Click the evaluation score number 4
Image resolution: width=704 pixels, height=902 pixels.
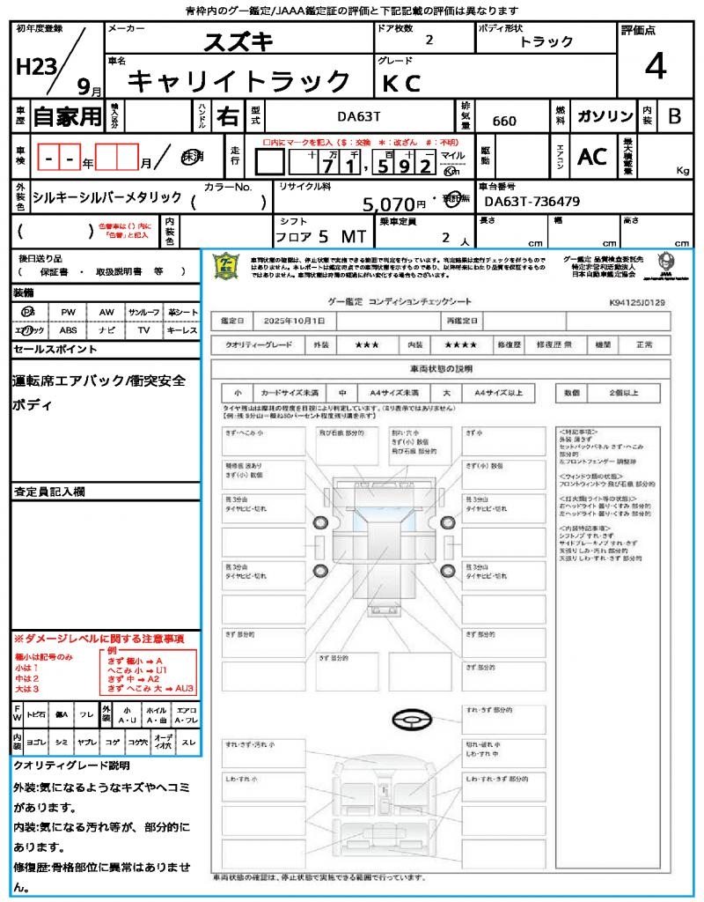click(x=654, y=67)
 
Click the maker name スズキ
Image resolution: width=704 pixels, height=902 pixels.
click(x=238, y=41)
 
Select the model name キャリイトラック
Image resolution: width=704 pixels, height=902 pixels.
click(x=240, y=82)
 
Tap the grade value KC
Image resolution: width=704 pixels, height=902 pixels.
click(x=401, y=83)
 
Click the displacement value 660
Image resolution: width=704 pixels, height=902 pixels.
click(x=504, y=121)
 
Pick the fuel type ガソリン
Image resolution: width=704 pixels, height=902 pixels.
click(x=605, y=116)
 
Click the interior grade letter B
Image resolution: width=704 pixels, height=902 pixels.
click(x=675, y=116)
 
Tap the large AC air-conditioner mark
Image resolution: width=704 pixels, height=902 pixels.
click(x=592, y=157)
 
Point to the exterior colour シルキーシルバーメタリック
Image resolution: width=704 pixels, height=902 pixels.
click(x=106, y=197)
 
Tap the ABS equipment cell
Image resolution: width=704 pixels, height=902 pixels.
click(x=68, y=330)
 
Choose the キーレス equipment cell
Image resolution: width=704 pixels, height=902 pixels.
click(x=182, y=330)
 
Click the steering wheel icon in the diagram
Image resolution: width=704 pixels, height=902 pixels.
click(x=411, y=721)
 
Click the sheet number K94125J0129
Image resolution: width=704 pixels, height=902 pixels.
click(x=637, y=302)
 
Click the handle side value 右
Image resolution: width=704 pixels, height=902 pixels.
click(x=227, y=116)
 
